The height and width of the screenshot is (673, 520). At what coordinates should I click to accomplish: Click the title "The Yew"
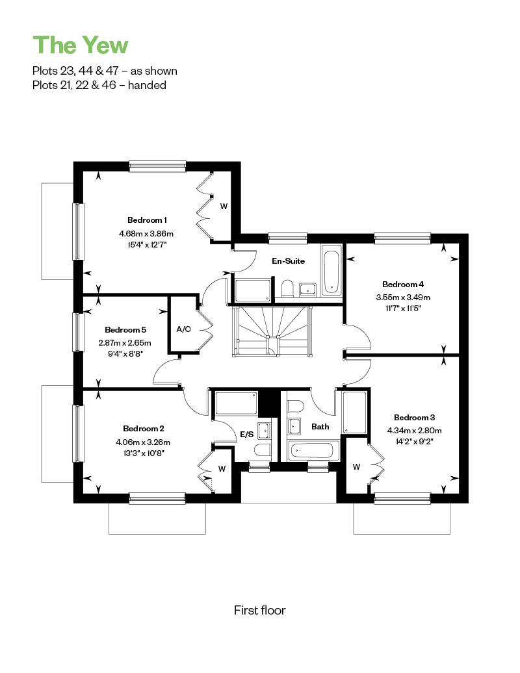coord(81,45)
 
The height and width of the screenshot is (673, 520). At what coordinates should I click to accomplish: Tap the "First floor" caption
coord(259,610)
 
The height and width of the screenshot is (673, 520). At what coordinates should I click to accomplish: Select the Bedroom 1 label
coord(147,220)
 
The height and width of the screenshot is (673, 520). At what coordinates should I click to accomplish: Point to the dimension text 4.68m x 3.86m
coord(146,233)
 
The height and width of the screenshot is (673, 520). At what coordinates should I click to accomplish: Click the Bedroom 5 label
coord(125,329)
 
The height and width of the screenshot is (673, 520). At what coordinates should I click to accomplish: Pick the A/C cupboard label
coord(183,329)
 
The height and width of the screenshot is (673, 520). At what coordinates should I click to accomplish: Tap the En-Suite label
coord(288,261)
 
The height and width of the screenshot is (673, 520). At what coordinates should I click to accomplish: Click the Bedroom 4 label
coord(403,284)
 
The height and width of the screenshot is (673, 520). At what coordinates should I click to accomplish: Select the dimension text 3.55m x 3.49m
coord(403,297)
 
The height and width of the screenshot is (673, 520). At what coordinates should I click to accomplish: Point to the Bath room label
coord(320,427)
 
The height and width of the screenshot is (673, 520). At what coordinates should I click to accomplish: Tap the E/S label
coord(246,435)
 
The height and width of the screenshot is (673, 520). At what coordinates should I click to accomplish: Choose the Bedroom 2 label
coord(143,428)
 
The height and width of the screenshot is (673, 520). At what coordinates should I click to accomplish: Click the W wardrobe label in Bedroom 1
coord(224,207)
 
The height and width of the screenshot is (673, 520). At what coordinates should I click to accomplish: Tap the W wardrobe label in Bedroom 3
coord(356,466)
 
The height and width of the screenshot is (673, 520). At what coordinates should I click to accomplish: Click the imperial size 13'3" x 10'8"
coord(143,454)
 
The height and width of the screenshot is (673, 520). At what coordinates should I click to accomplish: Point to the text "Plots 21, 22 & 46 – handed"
coord(99,85)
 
